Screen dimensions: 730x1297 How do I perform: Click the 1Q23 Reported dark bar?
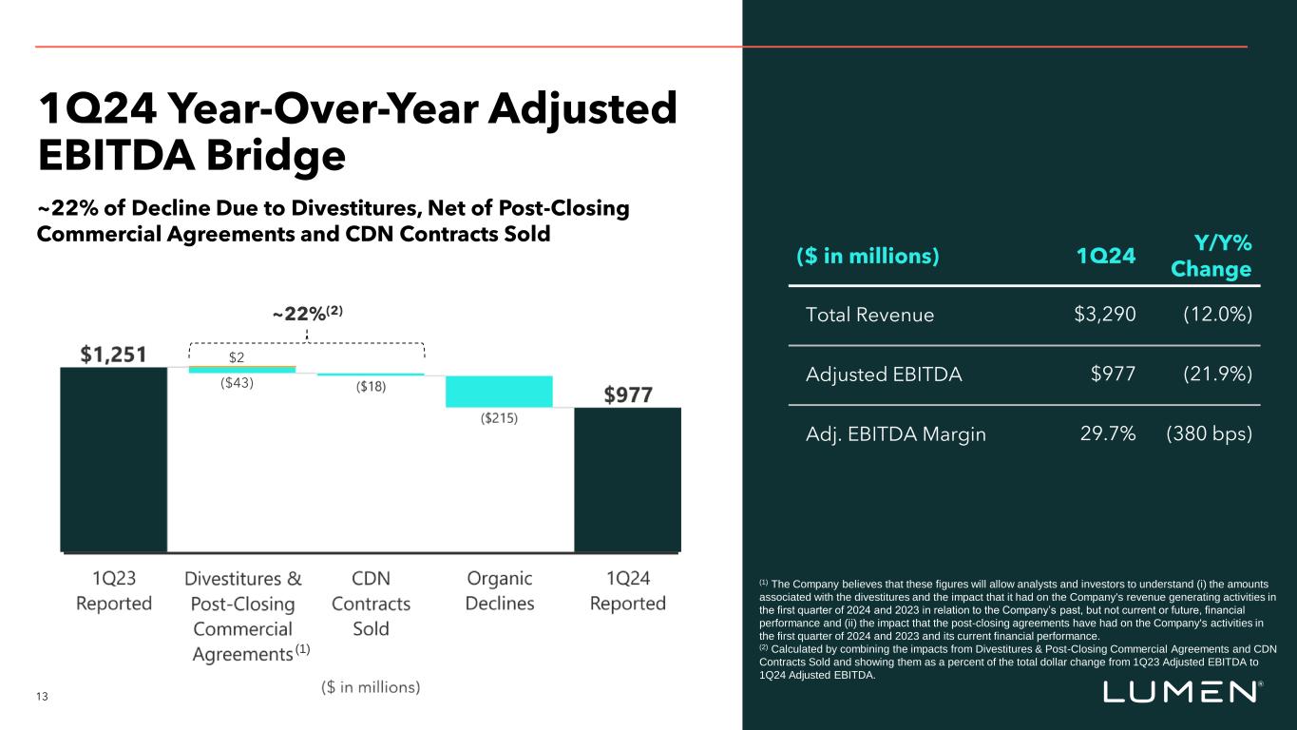pos(113,458)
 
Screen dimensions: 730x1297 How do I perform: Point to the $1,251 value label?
pos(112,355)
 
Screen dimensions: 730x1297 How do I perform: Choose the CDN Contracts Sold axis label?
pos(371,604)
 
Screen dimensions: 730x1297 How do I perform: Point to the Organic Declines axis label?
pos(500,591)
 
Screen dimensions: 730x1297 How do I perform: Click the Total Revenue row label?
pos(869,315)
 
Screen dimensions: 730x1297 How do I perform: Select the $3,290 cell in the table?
pos(1105,315)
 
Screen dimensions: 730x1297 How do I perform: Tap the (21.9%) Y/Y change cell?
pos(1211,375)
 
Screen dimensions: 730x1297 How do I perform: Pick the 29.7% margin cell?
pos(1108,434)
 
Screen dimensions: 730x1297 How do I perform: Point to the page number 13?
pos(42,697)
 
